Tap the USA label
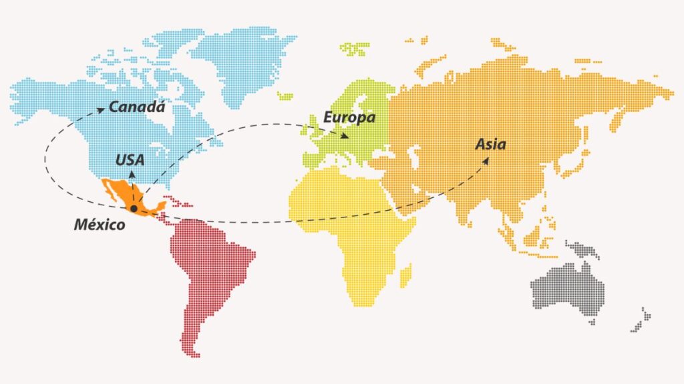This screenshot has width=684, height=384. (x=130, y=160)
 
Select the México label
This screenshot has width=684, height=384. (x=99, y=225)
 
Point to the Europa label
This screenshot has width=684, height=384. (x=349, y=118)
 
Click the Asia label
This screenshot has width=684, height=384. (x=490, y=144)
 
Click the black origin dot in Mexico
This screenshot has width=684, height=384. (x=134, y=209)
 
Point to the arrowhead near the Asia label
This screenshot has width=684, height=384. (x=485, y=160)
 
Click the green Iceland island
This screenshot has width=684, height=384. (x=285, y=96)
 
